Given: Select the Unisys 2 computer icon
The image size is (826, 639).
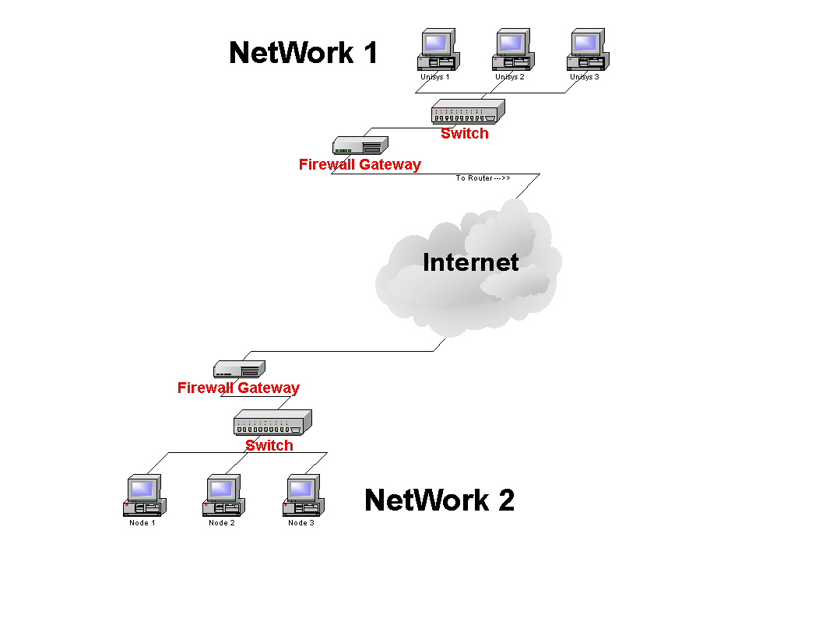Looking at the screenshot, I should pos(511,51).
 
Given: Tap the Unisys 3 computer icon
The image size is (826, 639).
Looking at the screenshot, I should pos(587,51).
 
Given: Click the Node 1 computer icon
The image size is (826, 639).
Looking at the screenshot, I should pos(142,496).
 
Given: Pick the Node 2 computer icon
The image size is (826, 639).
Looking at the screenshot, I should pos(223,496).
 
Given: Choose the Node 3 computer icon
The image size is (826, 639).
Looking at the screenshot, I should pos(302,496).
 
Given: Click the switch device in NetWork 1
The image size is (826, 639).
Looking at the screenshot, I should pos(468,112).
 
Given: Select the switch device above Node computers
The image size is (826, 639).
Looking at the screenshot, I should pos(272,423).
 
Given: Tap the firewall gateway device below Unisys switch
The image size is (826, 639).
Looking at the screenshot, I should pos(360,145).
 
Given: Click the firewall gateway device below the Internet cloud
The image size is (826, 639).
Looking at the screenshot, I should pos(240,369).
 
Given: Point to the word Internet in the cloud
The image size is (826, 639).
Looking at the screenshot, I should pos(470,262).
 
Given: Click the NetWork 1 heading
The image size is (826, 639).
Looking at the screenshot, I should pos(304,53).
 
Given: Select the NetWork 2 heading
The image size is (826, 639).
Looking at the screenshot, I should pos(439,500).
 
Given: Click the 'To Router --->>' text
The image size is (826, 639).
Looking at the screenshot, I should pos(483,178).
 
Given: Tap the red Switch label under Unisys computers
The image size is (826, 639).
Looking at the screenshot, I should pos(465,133).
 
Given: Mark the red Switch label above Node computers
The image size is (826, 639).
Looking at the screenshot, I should pos(269,445).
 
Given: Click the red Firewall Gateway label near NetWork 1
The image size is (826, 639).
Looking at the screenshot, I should pos(360,164).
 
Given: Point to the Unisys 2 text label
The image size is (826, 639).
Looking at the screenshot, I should pos(510,77).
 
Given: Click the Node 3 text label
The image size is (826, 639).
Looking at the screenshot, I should pos(301,523).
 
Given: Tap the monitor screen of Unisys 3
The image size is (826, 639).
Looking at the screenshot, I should pos(585,41).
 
